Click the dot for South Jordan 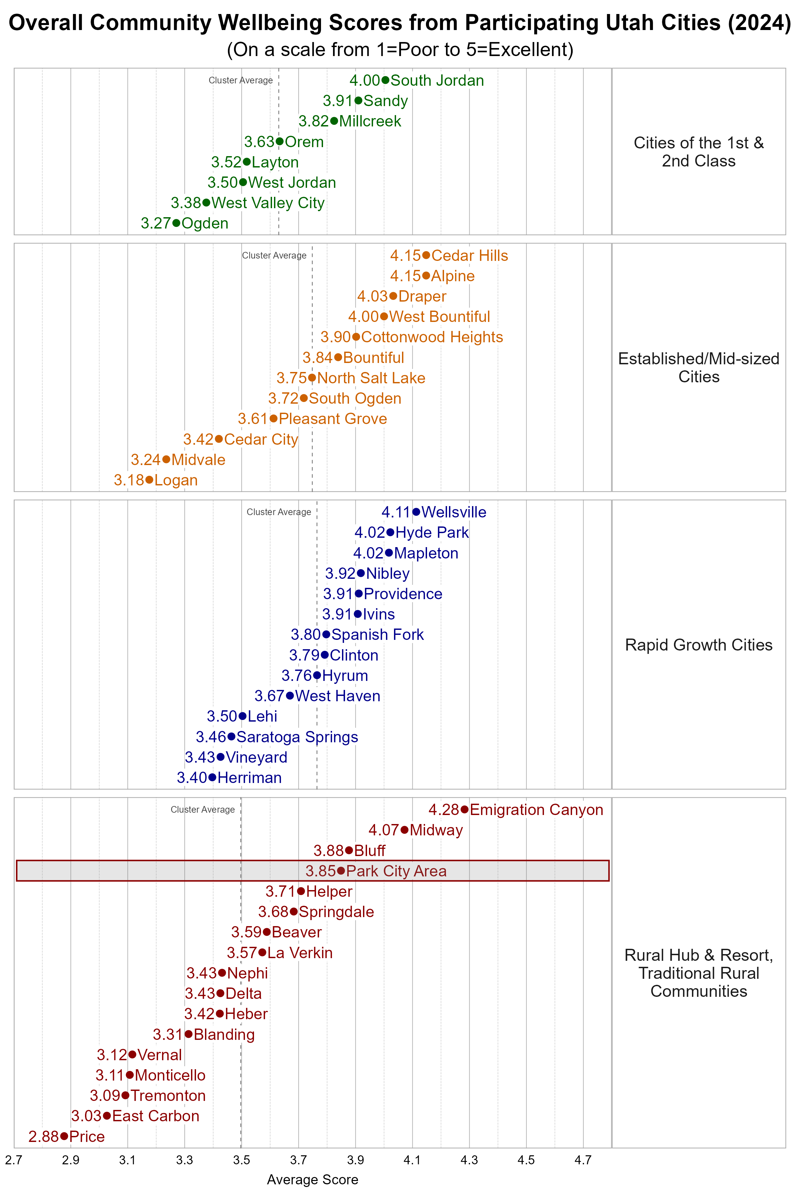[385, 80]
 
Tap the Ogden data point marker [176, 223]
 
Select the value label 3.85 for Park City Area [320, 871]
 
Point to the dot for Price [64, 1136]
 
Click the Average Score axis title [312, 1180]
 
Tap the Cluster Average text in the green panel [240, 80]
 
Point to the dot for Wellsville [416, 512]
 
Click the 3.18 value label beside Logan [129, 480]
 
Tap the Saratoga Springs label [297, 737]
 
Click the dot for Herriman [212, 778]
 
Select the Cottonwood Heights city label [432, 337]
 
